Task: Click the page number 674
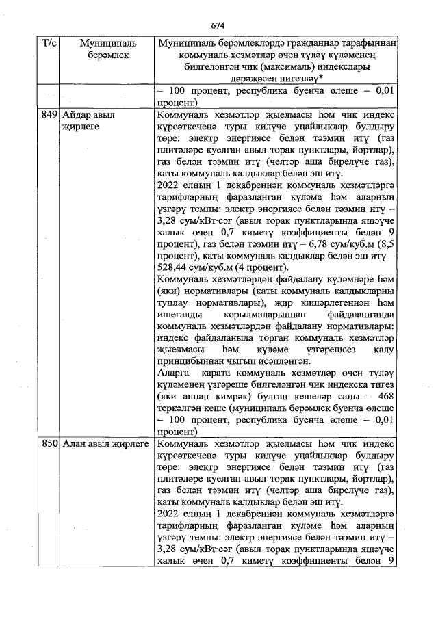(x=218, y=25)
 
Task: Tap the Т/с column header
(x=50, y=43)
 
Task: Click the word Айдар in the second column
(x=76, y=115)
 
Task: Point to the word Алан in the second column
(x=75, y=444)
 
